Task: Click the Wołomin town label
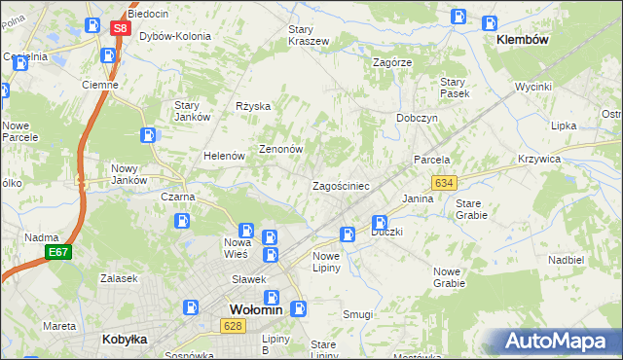tap(255, 309)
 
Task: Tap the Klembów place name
tap(523, 40)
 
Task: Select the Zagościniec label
tap(340, 185)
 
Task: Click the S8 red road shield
tap(119, 28)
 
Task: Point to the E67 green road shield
tap(58, 252)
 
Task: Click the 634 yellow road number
tap(445, 182)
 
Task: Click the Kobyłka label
tap(125, 340)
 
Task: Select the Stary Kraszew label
tap(308, 35)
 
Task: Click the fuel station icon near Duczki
tap(380, 223)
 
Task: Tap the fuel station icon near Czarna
tap(182, 220)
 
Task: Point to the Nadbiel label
tap(566, 260)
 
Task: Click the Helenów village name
tap(222, 156)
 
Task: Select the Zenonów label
tap(281, 150)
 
